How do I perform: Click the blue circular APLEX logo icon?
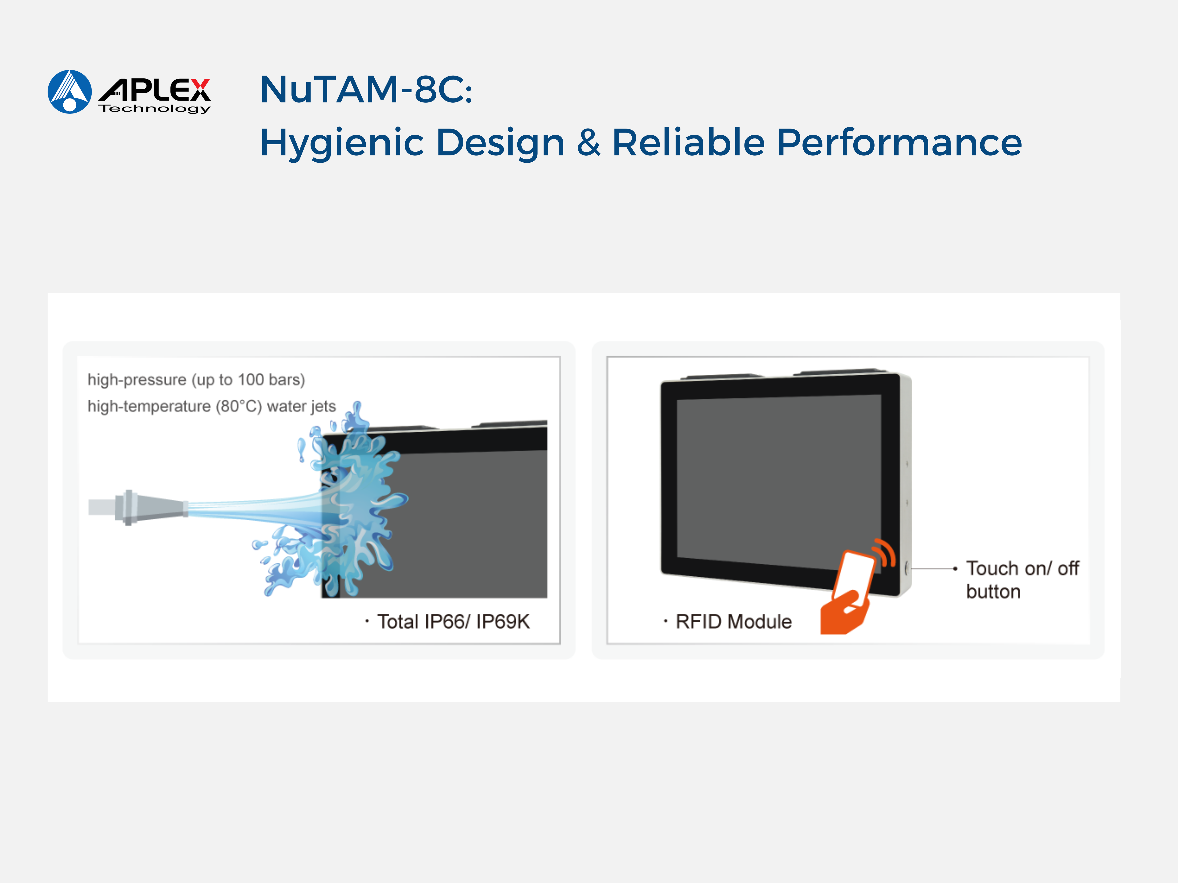[x=70, y=92]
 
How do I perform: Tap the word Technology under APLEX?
[x=155, y=109]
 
